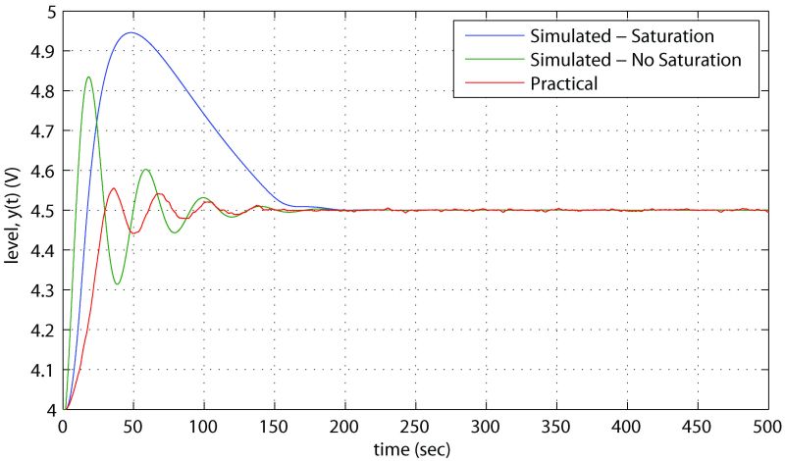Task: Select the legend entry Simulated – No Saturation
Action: click(643, 60)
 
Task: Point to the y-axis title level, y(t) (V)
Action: click(14, 211)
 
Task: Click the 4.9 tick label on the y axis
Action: click(41, 51)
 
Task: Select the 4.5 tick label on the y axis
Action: click(41, 210)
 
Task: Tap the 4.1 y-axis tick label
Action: click(41, 370)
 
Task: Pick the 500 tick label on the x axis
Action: click(767, 429)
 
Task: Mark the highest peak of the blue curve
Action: click(130, 32)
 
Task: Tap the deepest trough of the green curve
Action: click(117, 284)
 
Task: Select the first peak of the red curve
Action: click(114, 188)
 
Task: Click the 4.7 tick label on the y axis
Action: click(41, 130)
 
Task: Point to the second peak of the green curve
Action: click(146, 170)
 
